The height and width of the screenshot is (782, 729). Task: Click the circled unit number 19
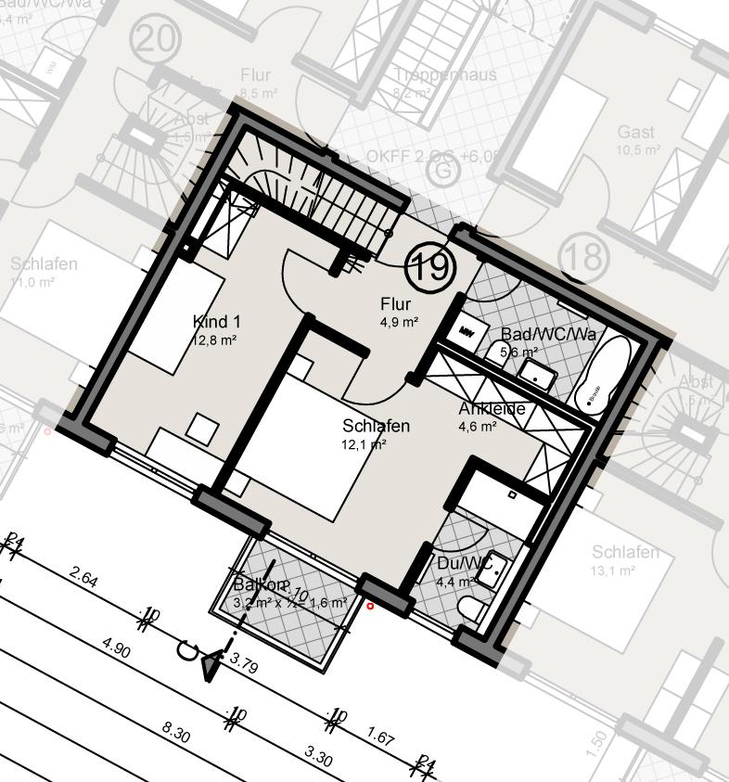click(x=431, y=267)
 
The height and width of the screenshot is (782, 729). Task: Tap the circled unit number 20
click(x=155, y=42)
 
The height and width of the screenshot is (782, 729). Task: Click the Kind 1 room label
click(x=216, y=322)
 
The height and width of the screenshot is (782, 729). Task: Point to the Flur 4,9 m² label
click(x=396, y=313)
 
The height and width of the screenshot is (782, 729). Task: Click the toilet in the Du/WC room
click(x=472, y=608)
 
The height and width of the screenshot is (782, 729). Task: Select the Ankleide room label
click(x=492, y=409)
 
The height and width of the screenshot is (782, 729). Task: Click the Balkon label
click(x=262, y=585)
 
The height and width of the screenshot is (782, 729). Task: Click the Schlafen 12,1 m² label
click(x=376, y=427)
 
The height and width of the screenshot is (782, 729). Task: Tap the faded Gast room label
click(x=636, y=133)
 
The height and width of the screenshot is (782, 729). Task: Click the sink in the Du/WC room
click(x=492, y=566)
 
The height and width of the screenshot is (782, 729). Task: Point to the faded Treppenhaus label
click(x=445, y=74)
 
